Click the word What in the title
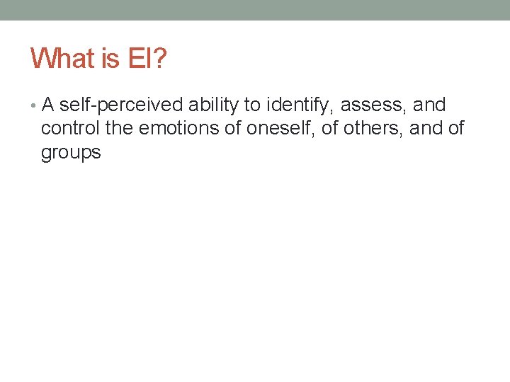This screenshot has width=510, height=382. pos(62,58)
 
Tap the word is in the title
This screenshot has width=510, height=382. pos(110,58)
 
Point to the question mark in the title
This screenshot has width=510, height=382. pos(160,58)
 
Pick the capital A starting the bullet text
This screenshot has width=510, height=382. pos(47,105)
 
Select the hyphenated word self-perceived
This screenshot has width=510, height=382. pos(120,105)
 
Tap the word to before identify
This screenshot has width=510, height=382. pos(251,105)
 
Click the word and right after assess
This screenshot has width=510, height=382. pos(429,105)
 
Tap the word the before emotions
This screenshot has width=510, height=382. pos(119,129)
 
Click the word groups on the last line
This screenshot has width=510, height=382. pos(71,152)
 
